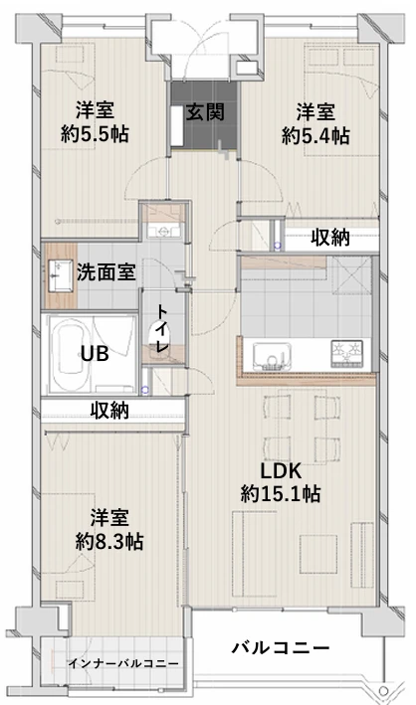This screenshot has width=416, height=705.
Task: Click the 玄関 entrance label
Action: click(204, 111)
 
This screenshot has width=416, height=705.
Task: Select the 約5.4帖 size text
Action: click(314, 136)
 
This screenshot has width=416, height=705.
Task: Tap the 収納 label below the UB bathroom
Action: click(109, 410)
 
